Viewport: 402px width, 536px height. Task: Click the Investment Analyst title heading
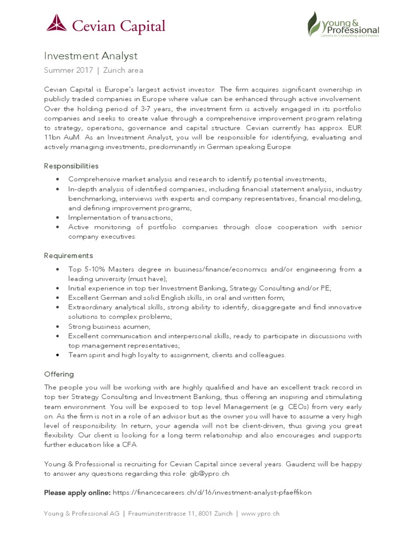[x=91, y=56]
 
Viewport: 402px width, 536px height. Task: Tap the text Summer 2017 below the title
[x=69, y=70]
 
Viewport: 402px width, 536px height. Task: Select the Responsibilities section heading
[x=71, y=166]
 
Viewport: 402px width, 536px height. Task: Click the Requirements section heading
[x=69, y=255]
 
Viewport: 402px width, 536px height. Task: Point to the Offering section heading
[x=59, y=374]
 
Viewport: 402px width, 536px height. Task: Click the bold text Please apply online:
[x=77, y=493]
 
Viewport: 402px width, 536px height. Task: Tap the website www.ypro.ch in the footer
[x=260, y=513]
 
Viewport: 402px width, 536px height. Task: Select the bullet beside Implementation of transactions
[x=57, y=218]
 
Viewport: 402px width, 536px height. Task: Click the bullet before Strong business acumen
[x=57, y=327]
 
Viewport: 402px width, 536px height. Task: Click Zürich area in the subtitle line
[x=123, y=70]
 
